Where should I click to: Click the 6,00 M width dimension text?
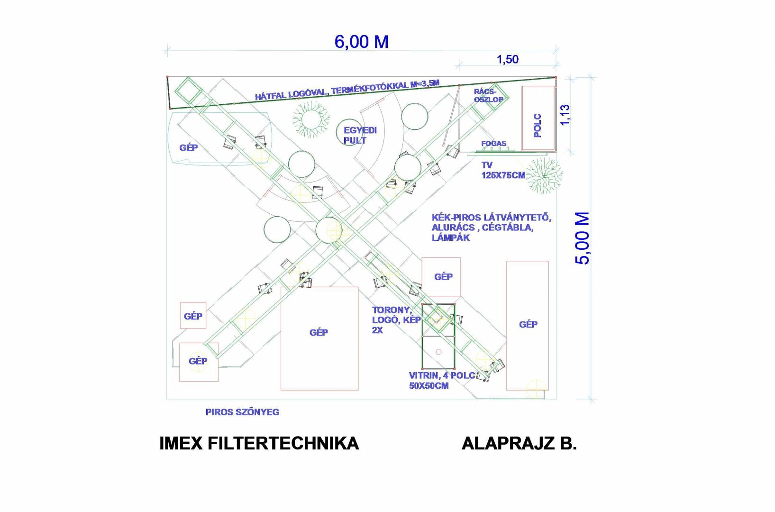pos(361,42)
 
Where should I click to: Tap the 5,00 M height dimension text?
pos(582,238)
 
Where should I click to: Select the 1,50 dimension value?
pos(508,60)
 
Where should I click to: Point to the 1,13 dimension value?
pos(565,115)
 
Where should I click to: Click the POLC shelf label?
pos(538,125)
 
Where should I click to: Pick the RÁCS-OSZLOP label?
pos(488,95)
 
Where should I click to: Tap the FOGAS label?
pos(493,143)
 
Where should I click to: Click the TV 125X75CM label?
pos(503,170)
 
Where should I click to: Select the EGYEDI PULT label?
pos(360,135)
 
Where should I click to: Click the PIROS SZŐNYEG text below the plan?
pos(242,412)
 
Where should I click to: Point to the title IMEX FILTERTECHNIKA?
pos(259,443)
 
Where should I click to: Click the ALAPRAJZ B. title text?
pos(519,443)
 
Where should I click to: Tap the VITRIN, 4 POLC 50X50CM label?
pos(442,381)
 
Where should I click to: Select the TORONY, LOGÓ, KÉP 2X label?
pos(396,320)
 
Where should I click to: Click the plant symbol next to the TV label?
pos(545,175)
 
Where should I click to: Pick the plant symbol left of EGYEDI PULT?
pos(311,119)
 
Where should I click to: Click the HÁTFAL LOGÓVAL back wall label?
pos(347,90)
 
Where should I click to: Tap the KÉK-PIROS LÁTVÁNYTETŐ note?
pos(491,228)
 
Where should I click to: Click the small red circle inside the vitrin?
pos(438,352)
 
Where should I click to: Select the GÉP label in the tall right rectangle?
pos(528,324)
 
